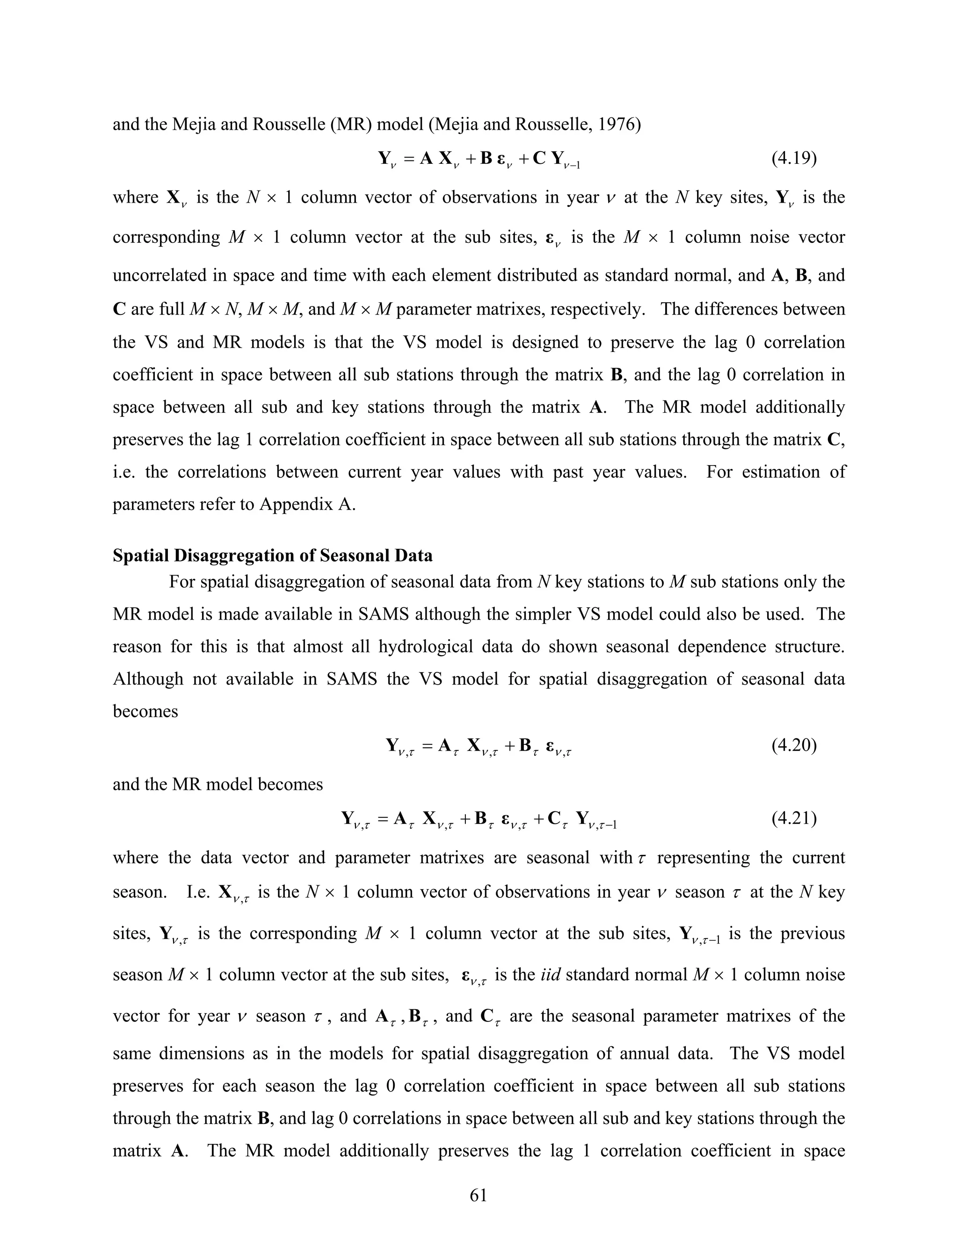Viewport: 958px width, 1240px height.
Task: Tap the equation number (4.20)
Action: click(x=794, y=745)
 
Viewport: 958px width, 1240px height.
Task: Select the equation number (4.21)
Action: click(x=794, y=818)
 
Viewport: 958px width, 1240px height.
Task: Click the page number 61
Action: click(x=479, y=1195)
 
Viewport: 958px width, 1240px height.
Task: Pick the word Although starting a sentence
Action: click(x=147, y=679)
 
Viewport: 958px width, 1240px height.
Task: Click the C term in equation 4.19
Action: click(x=539, y=158)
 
